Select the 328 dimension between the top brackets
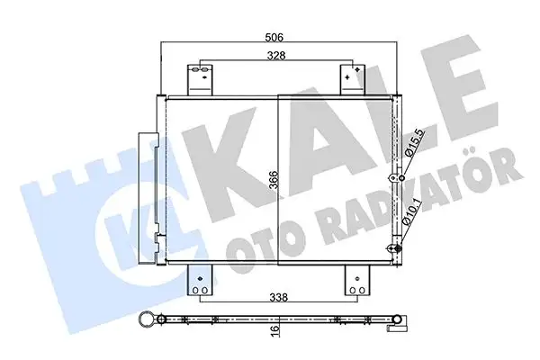coord(275,55)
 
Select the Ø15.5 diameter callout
coord(412,143)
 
